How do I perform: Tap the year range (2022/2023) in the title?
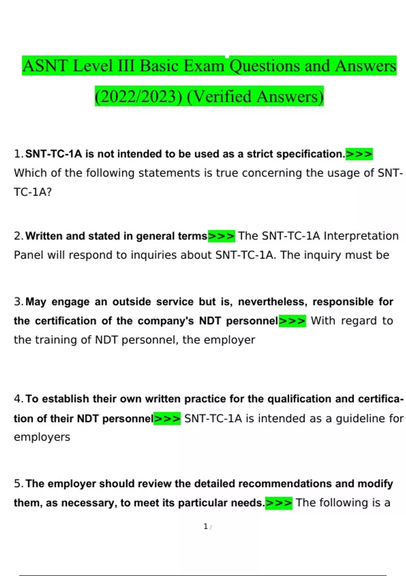point(138,96)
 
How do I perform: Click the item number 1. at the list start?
point(19,154)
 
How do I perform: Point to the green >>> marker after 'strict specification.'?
point(359,154)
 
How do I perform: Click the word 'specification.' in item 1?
point(311,154)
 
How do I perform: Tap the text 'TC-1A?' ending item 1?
point(33,192)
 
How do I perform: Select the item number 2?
point(19,236)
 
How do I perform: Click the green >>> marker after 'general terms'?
point(221,236)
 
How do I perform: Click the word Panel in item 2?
point(29,255)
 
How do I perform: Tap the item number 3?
point(19,302)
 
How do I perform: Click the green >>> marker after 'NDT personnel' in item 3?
point(292,321)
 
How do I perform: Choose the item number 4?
point(19,399)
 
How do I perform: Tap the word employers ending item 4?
point(42,437)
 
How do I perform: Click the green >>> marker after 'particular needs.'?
point(278,503)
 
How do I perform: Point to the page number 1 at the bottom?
point(205,527)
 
